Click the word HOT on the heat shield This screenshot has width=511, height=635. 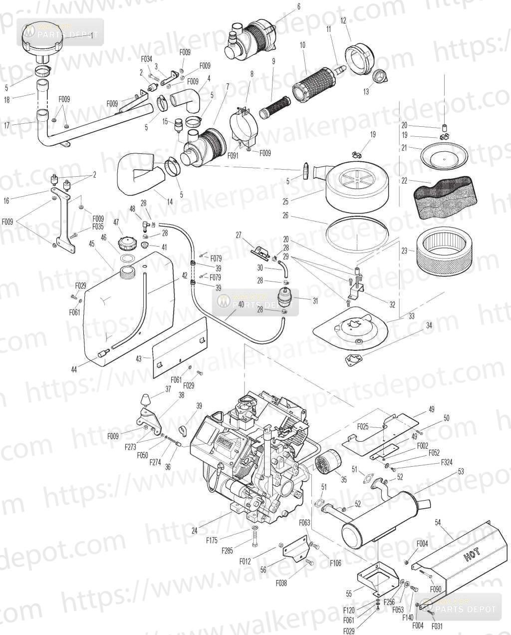472,555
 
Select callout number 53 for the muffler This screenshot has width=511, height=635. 461,471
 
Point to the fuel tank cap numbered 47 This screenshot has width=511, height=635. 126,245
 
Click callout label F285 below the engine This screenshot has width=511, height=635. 228,551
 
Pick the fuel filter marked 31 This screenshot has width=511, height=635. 287,299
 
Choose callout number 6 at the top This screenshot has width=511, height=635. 299,6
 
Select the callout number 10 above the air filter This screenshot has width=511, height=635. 302,45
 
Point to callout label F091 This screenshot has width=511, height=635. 233,155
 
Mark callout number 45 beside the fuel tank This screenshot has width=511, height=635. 91,244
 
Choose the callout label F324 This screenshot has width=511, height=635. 447,463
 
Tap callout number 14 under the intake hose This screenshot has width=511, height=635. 170,202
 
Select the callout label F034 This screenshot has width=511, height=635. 146,59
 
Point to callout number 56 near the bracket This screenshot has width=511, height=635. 263,570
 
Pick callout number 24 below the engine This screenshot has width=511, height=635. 195,531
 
